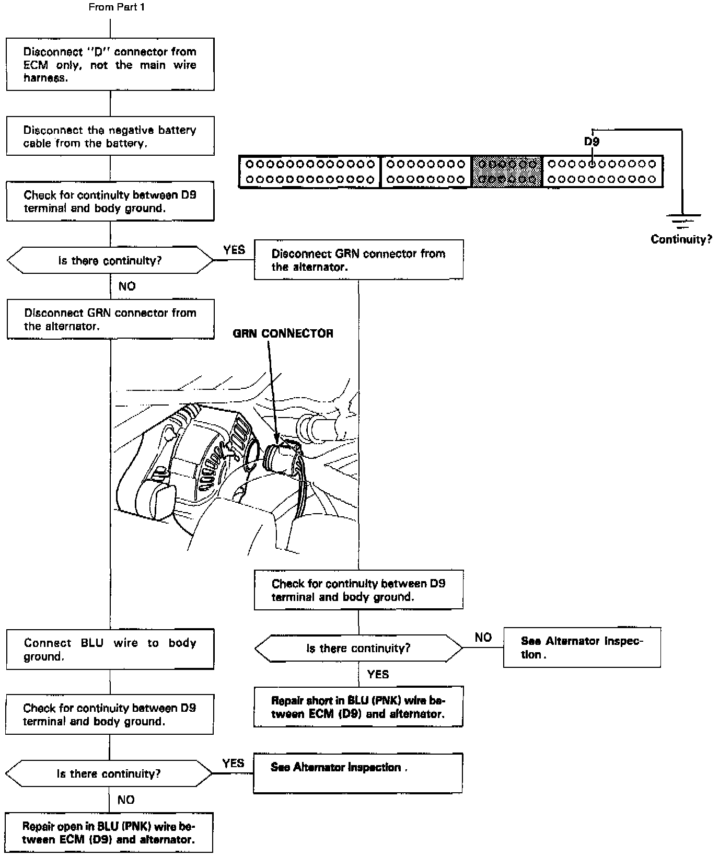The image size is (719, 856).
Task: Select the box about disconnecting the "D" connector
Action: pyautogui.click(x=110, y=64)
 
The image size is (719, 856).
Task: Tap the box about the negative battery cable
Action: pyautogui.click(x=110, y=136)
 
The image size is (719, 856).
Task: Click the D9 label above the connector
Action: pyautogui.click(x=592, y=141)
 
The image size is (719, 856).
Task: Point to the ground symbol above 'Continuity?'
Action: pyautogui.click(x=682, y=221)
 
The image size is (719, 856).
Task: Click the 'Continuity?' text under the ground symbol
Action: pyautogui.click(x=681, y=239)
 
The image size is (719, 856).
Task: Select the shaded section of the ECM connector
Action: pyautogui.click(x=507, y=171)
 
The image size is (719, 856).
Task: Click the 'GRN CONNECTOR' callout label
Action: pyautogui.click(x=283, y=333)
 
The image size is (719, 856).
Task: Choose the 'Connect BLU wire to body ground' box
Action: pyautogui.click(x=110, y=650)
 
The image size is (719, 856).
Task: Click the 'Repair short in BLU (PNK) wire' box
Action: pyautogui.click(x=358, y=707)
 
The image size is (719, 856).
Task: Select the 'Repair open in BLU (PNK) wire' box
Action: pyautogui.click(x=109, y=833)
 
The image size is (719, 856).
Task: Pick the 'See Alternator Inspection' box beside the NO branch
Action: pyautogui.click(x=582, y=647)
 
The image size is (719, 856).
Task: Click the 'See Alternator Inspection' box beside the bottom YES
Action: pyautogui.click(x=358, y=773)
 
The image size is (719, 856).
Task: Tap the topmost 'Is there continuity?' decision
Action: pyautogui.click(x=110, y=260)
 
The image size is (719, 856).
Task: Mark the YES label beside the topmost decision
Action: pyautogui.click(x=234, y=250)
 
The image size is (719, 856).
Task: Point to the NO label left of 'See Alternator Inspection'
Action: pyautogui.click(x=483, y=638)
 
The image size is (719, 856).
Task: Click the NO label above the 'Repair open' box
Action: pyautogui.click(x=126, y=800)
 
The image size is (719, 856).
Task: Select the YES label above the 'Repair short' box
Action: pyautogui.click(x=378, y=675)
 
